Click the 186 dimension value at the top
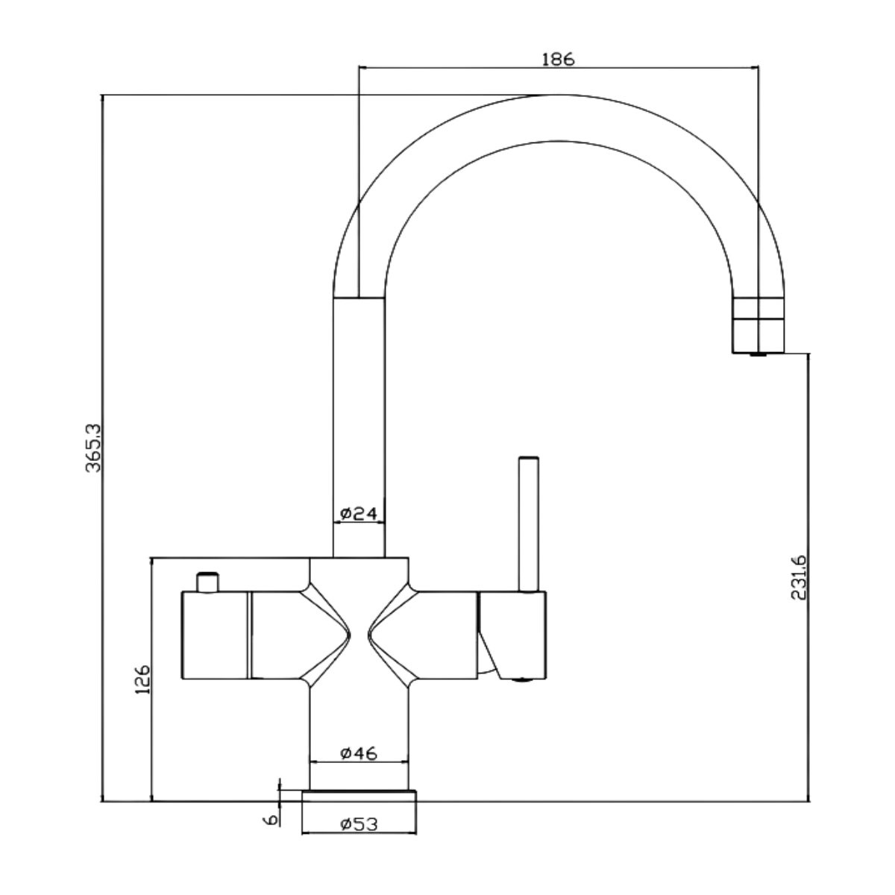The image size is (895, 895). click(558, 60)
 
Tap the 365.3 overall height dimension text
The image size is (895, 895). click(93, 447)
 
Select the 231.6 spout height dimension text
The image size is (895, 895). click(799, 577)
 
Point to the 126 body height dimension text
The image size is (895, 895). click(142, 679)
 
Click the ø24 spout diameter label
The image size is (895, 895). click(359, 513)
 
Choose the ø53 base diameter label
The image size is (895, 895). click(359, 824)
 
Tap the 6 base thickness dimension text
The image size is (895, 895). click(271, 819)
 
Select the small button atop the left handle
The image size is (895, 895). click(207, 582)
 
